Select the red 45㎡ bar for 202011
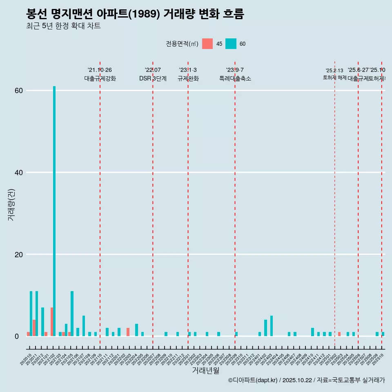pyautogui.click(x=34, y=328)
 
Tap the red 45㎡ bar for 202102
pyautogui.click(x=52, y=322)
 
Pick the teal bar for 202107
pyautogui.click(x=84, y=326)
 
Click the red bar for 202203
pyautogui.click(x=128, y=332)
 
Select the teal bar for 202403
pyautogui.click(x=272, y=326)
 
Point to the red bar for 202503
pyautogui.click(x=339, y=334)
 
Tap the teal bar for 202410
pyautogui.click(x=312, y=332)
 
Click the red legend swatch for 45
pyautogui.click(x=207, y=44)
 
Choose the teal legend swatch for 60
pyautogui.click(x=231, y=44)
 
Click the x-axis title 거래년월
pyautogui.click(x=205, y=370)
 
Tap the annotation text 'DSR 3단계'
pyautogui.click(x=153, y=78)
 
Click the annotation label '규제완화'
pyautogui.click(x=188, y=78)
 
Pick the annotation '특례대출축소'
pyautogui.click(x=235, y=78)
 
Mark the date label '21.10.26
pyautogui.click(x=100, y=70)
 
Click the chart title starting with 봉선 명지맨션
pyautogui.click(x=135, y=14)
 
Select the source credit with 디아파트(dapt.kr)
pyautogui.click(x=306, y=380)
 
